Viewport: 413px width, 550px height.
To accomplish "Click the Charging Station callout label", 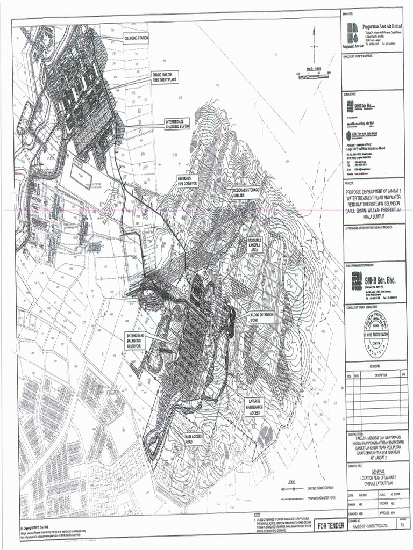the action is pos(136,38).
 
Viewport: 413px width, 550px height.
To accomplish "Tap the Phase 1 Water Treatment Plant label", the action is pos(165,77).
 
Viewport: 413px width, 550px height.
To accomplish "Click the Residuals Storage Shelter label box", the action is pos(246,193).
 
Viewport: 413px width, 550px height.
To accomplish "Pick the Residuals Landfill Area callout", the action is pos(255,245).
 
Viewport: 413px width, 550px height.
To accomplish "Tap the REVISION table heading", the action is pos(374,366).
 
